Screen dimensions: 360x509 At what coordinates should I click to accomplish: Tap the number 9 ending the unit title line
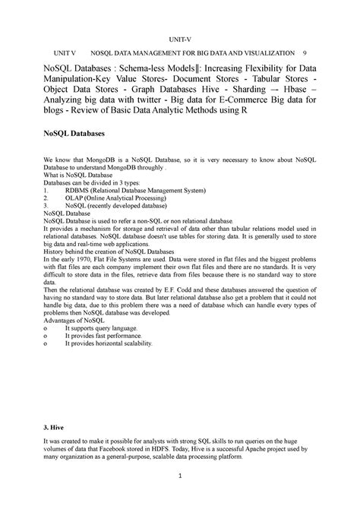[304, 55]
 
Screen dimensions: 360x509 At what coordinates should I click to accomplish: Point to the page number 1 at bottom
[180, 476]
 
